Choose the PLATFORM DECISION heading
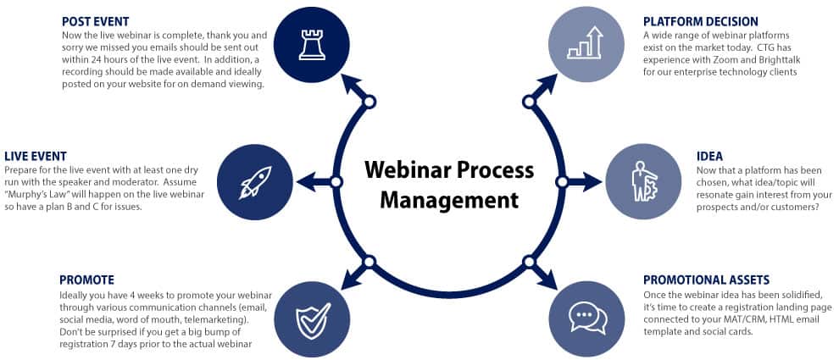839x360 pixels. [700, 21]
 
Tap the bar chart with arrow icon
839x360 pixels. [585, 44]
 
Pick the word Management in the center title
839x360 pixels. [448, 201]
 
